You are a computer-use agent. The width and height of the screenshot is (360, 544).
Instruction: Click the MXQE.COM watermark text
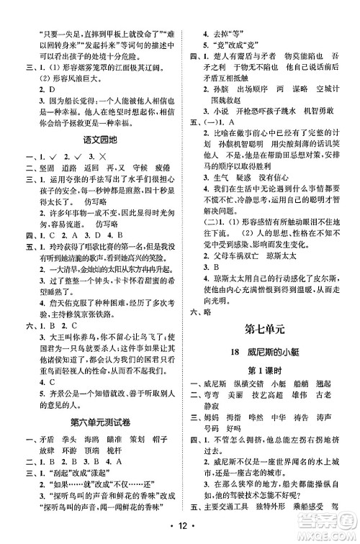coord(332,534)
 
